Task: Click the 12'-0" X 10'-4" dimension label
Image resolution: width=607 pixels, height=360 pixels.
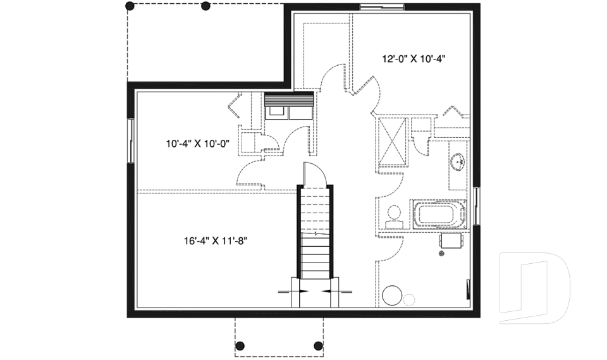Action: pyautogui.click(x=414, y=59)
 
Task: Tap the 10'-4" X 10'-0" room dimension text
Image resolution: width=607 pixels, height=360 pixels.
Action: pyautogui.click(x=198, y=144)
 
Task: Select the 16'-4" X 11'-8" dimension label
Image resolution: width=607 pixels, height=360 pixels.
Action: pyautogui.click(x=216, y=241)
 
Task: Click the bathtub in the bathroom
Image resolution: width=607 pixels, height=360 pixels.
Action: pyautogui.click(x=439, y=214)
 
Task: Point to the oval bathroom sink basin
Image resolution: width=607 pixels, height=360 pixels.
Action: pyautogui.click(x=458, y=161)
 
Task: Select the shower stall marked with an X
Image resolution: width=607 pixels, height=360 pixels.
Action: pyautogui.click(x=392, y=142)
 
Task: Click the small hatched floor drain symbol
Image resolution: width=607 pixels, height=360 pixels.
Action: pyautogui.click(x=441, y=254)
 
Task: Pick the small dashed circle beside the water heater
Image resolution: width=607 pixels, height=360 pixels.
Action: pyautogui.click(x=409, y=300)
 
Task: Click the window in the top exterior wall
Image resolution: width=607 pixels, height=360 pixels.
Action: pyautogui.click(x=382, y=6)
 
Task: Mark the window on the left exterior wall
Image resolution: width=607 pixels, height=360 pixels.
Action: pyautogui.click(x=131, y=140)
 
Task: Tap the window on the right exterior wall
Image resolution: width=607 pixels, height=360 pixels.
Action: pyautogui.click(x=477, y=206)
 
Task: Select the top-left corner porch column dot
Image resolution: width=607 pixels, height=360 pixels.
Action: pyautogui.click(x=130, y=6)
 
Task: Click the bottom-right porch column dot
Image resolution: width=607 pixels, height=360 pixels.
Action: pyautogui.click(x=318, y=345)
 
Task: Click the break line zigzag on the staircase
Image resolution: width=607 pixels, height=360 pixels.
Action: pyautogui.click(x=315, y=235)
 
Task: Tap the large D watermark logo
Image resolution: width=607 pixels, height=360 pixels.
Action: pyautogui.click(x=534, y=289)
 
